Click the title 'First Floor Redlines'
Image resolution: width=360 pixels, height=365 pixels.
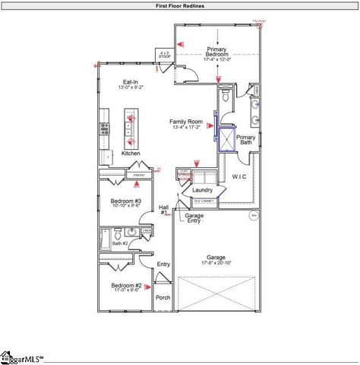click(179, 5)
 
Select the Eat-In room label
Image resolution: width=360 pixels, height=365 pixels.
click(131, 82)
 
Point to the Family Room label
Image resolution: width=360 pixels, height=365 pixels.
click(185, 122)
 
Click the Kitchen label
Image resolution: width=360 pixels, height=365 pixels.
click(131, 153)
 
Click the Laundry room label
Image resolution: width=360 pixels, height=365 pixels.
click(203, 190)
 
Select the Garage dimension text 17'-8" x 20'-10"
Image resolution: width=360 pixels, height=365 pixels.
click(217, 262)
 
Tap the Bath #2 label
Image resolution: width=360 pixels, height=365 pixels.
click(119, 243)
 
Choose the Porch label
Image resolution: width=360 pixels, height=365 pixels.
click(163, 297)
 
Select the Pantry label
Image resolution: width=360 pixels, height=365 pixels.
click(139, 176)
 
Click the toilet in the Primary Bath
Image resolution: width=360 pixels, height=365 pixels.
click(226, 97)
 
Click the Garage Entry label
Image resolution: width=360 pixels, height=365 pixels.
click(194, 217)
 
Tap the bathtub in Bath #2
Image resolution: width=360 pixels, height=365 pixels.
click(105, 240)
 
